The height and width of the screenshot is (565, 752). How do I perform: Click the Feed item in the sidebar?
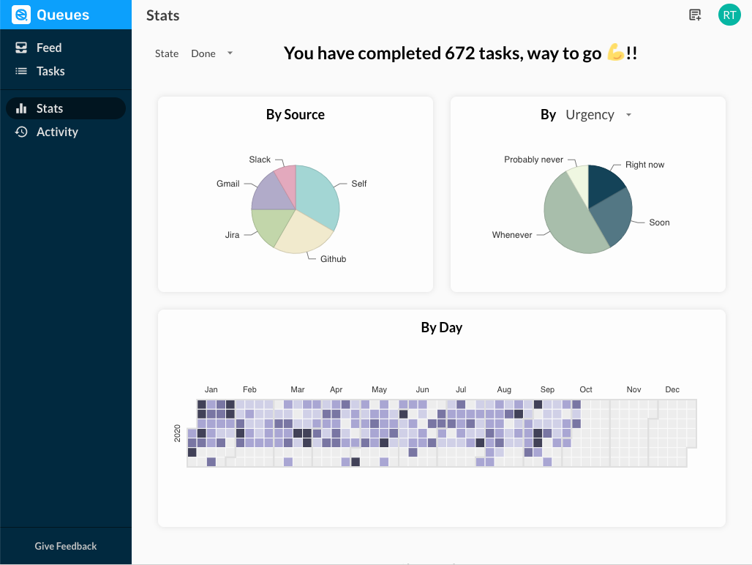tap(49, 48)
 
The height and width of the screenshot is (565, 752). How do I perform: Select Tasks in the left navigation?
tap(50, 71)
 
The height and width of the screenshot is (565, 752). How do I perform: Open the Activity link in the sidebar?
tap(57, 132)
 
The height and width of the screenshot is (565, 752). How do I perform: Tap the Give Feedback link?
tap(66, 546)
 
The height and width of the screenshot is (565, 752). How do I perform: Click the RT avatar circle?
tap(729, 15)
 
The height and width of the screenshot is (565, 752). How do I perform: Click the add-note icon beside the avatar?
tap(695, 15)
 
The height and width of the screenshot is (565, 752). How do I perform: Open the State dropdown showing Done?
tap(211, 53)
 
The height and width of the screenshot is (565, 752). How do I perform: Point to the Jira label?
tap(232, 235)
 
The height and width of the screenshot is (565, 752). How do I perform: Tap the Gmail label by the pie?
tap(228, 184)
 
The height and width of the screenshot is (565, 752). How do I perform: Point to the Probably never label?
tap(533, 160)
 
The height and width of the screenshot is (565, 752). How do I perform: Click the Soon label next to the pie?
tap(659, 222)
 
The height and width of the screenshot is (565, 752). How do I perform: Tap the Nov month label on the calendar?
tap(633, 389)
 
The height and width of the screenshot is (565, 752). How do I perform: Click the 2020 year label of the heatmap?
tap(178, 433)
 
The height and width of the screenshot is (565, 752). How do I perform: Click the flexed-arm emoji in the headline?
tap(615, 53)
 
